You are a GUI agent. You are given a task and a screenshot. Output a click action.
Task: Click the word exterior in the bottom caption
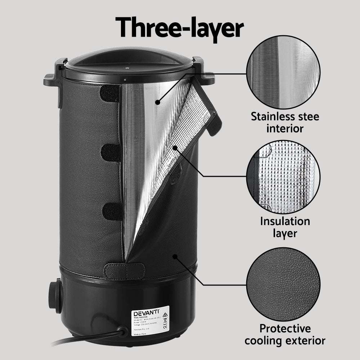click(x=305, y=341)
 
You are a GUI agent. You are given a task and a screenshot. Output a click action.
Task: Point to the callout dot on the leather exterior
click(x=175, y=256)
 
